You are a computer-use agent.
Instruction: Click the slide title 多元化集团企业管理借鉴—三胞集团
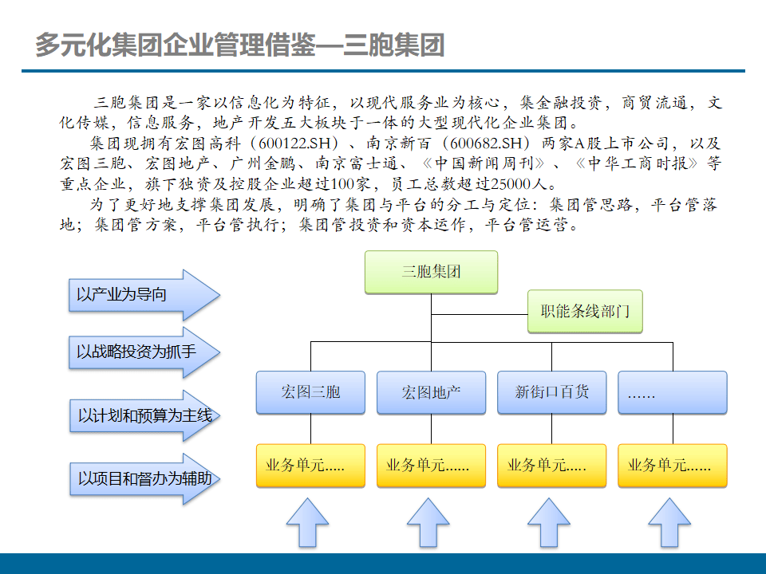click(x=239, y=45)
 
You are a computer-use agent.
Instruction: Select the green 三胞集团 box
click(x=431, y=272)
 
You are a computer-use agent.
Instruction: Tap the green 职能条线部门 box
click(x=585, y=311)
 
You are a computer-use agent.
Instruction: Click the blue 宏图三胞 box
click(x=310, y=392)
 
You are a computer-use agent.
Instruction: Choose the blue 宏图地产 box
click(x=431, y=392)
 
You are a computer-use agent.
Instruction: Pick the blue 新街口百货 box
click(x=552, y=392)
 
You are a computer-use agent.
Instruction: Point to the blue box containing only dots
click(x=673, y=392)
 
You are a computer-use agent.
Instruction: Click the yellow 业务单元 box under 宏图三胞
click(x=310, y=466)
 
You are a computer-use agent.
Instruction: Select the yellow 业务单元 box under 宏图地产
click(x=431, y=466)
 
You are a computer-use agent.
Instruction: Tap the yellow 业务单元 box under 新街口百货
click(x=552, y=466)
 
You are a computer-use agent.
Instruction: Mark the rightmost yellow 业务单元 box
click(x=673, y=466)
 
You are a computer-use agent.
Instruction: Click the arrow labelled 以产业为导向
click(x=140, y=295)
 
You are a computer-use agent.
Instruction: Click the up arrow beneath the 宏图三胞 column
click(x=307, y=524)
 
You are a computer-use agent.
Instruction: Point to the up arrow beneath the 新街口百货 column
click(x=549, y=524)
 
